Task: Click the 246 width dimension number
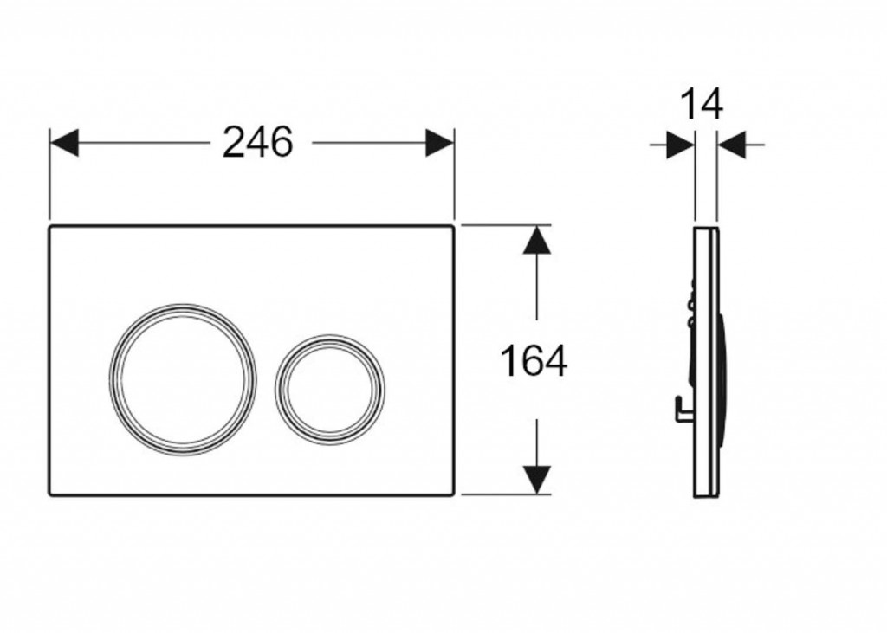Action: click(258, 142)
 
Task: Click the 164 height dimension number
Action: click(534, 361)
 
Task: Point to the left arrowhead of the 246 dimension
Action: click(64, 143)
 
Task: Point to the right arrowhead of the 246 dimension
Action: click(439, 143)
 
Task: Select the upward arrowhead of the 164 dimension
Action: click(536, 240)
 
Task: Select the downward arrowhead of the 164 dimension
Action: click(536, 480)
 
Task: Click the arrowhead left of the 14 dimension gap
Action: click(681, 145)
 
